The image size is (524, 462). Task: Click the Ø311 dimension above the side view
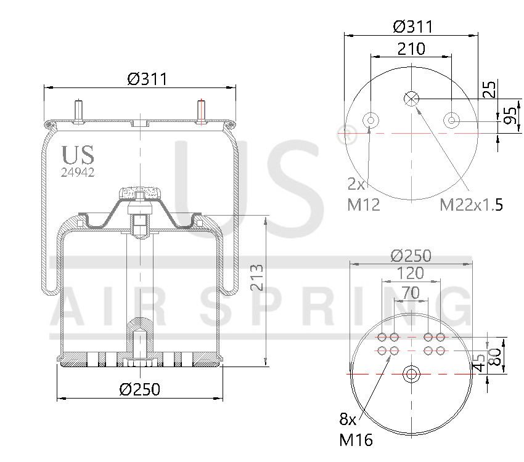[147, 79]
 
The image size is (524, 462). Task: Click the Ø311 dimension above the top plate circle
[412, 26]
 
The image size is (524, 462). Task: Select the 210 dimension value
[411, 49]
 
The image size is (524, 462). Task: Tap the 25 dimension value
[489, 89]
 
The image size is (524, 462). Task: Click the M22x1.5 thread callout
[471, 205]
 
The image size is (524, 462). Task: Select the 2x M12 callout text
[363, 195]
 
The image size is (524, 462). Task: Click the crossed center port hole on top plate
[411, 98]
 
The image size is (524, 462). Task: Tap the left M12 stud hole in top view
[370, 120]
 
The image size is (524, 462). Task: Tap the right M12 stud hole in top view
[452, 120]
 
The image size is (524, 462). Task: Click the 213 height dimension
[258, 277]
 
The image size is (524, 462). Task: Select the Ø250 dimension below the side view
[140, 389]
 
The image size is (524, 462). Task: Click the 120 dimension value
[411, 273]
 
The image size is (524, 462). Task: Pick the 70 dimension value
[411, 293]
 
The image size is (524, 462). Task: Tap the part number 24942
[78, 173]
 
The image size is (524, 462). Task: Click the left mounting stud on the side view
[80, 111]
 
